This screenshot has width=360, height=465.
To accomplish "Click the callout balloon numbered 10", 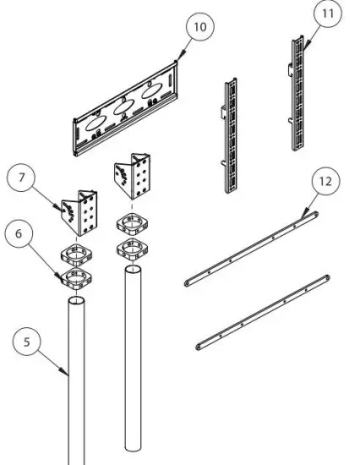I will click(199, 27).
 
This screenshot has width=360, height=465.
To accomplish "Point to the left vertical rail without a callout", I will click(231, 135).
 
